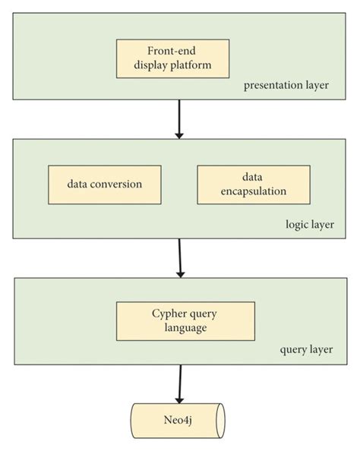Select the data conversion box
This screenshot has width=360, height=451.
(104, 184)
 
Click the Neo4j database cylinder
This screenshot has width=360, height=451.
(178, 420)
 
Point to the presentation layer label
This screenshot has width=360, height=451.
(286, 85)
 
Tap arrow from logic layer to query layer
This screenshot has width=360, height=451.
(179, 258)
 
